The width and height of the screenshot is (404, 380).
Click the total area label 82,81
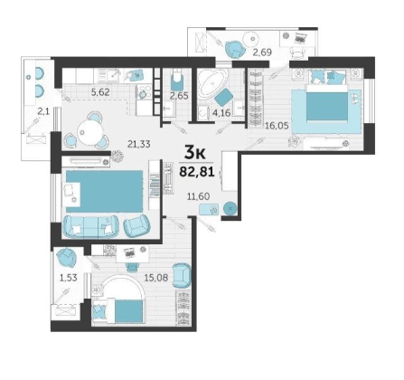(197, 172)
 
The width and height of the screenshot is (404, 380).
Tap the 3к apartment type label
(194, 154)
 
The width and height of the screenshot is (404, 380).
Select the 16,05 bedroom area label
(277, 125)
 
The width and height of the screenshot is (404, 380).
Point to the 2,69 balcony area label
(262, 52)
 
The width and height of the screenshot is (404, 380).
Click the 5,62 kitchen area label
(100, 92)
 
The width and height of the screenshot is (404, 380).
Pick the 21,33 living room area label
(138, 145)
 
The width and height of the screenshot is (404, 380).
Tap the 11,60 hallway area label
(198, 196)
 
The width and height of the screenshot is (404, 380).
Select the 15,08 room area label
(156, 277)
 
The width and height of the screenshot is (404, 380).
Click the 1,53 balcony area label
(69, 278)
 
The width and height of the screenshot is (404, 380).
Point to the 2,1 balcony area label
(43, 112)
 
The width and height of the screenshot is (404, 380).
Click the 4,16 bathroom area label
(221, 113)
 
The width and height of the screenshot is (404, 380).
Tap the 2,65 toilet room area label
(179, 96)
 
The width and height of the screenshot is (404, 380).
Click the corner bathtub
(212, 81)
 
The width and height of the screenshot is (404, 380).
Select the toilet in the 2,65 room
(177, 80)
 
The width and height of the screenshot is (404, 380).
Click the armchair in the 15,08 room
(183, 275)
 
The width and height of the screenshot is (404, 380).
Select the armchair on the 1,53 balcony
(66, 257)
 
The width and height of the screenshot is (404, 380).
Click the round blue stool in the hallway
(230, 208)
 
